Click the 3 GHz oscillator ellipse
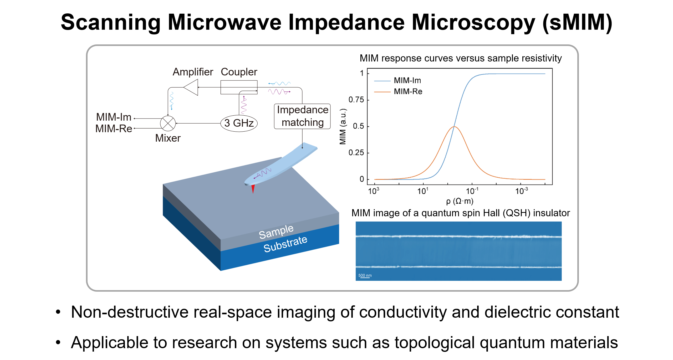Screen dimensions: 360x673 coord(239,123)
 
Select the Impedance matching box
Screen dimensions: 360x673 coord(302,116)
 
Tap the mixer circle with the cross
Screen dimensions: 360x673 coord(168,123)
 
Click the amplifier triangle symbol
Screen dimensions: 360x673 coord(192,87)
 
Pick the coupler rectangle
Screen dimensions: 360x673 coord(239,87)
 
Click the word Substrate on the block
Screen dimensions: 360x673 coord(285,244)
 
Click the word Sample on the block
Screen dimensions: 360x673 coord(276,232)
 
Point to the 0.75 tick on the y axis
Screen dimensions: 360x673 coord(356,100)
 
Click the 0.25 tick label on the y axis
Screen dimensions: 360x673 coord(356,153)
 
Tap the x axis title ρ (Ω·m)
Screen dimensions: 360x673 coord(460,201)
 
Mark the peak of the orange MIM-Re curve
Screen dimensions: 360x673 coord(454,127)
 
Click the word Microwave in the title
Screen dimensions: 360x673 coord(225,23)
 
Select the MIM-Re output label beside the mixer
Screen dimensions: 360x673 coord(114,129)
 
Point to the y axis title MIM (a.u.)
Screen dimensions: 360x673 coord(343,126)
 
